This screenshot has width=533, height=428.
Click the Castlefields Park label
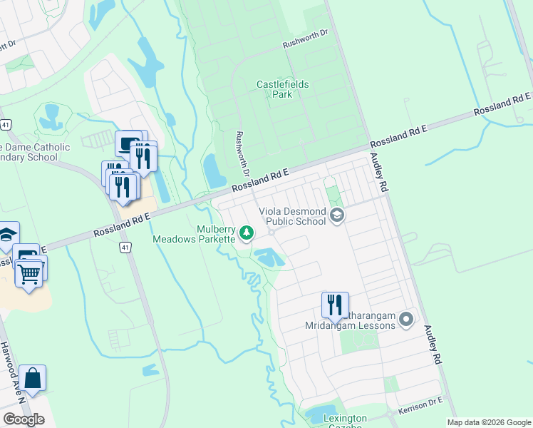(282, 89)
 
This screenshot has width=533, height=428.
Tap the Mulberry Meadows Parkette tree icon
(247, 233)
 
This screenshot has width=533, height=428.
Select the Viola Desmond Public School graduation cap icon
(337, 216)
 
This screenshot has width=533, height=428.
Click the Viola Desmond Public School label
(292, 216)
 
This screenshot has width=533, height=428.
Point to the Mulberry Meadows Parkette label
(195, 234)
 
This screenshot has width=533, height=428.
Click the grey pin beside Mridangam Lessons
(406, 319)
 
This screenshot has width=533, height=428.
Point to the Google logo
(24, 419)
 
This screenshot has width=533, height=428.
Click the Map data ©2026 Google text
(488, 422)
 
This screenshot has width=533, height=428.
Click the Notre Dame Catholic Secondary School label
(36, 152)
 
